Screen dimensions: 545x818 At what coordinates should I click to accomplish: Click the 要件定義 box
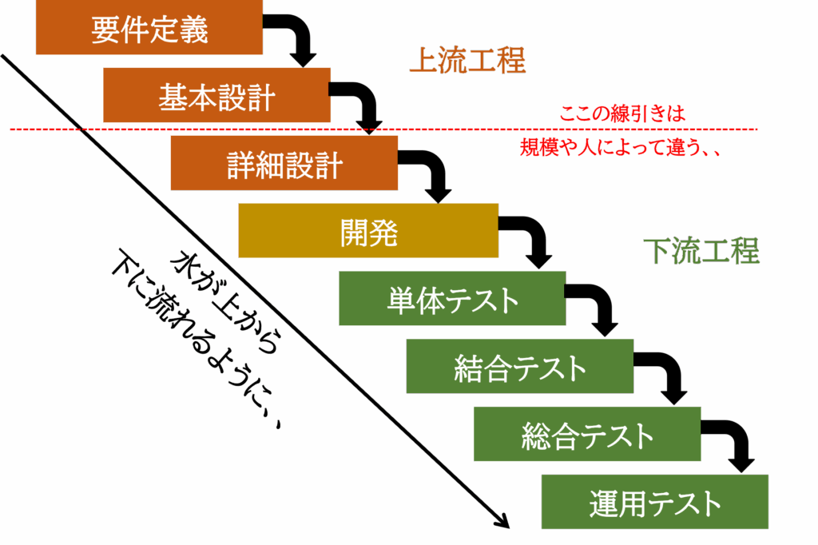(x=149, y=29)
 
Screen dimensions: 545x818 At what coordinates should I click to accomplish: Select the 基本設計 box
(x=216, y=96)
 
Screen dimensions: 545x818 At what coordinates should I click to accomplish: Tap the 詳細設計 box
(x=284, y=163)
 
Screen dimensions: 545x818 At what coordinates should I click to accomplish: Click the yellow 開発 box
(x=368, y=231)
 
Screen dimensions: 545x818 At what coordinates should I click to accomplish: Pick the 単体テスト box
(x=452, y=299)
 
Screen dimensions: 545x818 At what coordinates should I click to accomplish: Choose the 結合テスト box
(x=520, y=366)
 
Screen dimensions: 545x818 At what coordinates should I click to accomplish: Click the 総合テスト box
(x=587, y=434)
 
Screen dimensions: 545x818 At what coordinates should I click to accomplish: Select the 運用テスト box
(x=655, y=502)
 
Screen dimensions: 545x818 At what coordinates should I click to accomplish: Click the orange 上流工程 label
(x=467, y=61)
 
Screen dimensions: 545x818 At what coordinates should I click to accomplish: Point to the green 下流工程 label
(x=701, y=251)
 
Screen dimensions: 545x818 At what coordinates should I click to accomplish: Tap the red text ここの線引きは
(x=621, y=114)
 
